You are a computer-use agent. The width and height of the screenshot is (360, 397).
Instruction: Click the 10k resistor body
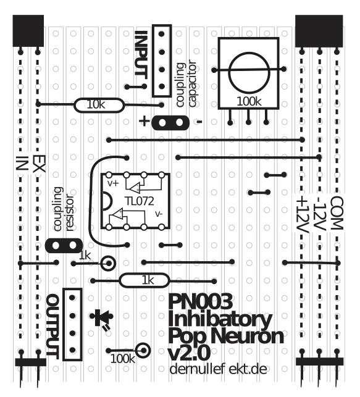(x=99, y=105)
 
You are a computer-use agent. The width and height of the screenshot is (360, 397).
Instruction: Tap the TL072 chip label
(x=139, y=201)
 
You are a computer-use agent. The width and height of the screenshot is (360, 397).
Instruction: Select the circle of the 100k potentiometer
(x=249, y=73)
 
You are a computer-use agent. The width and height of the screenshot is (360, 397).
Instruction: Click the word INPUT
(x=141, y=53)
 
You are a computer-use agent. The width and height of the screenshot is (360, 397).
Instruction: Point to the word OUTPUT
(x=53, y=327)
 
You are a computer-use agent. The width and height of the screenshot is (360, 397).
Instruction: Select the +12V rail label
(x=303, y=215)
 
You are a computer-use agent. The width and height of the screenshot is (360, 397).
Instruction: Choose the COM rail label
(x=337, y=214)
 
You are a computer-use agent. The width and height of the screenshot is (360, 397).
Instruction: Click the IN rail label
(x=22, y=164)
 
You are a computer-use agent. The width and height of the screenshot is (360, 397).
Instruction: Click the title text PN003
(x=200, y=301)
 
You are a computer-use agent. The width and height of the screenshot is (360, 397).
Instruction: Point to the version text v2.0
(x=189, y=353)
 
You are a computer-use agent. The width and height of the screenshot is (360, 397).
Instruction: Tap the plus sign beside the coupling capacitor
(x=144, y=121)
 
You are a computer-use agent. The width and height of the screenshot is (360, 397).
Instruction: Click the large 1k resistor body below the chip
(x=144, y=280)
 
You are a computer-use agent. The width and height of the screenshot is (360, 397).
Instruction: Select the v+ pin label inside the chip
(x=113, y=183)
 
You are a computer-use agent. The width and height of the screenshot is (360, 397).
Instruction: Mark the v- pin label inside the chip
(x=159, y=214)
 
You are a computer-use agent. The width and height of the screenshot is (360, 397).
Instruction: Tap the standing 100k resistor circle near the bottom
(x=143, y=351)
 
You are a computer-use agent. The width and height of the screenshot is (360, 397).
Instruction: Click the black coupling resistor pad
(x=64, y=246)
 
